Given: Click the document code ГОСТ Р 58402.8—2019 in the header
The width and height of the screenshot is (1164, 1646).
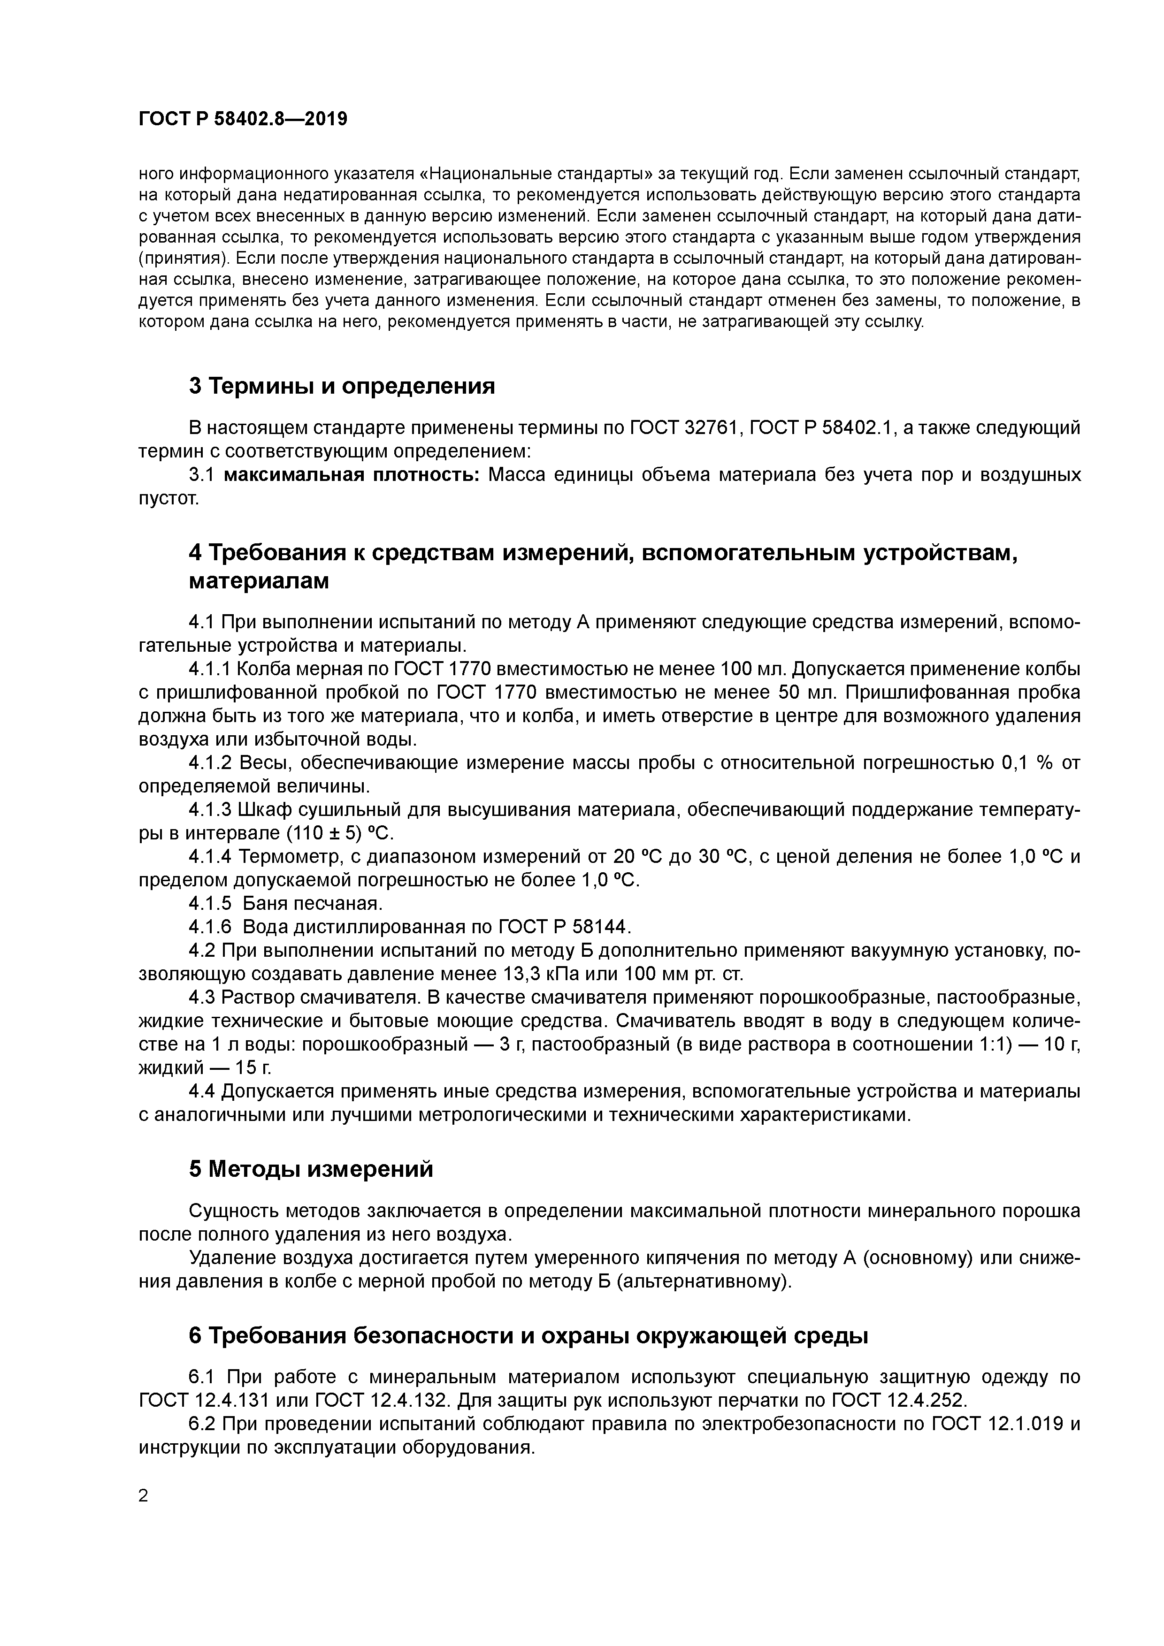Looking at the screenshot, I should point(242,119).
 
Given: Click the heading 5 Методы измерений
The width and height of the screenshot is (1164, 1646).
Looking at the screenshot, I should point(311,1169).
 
